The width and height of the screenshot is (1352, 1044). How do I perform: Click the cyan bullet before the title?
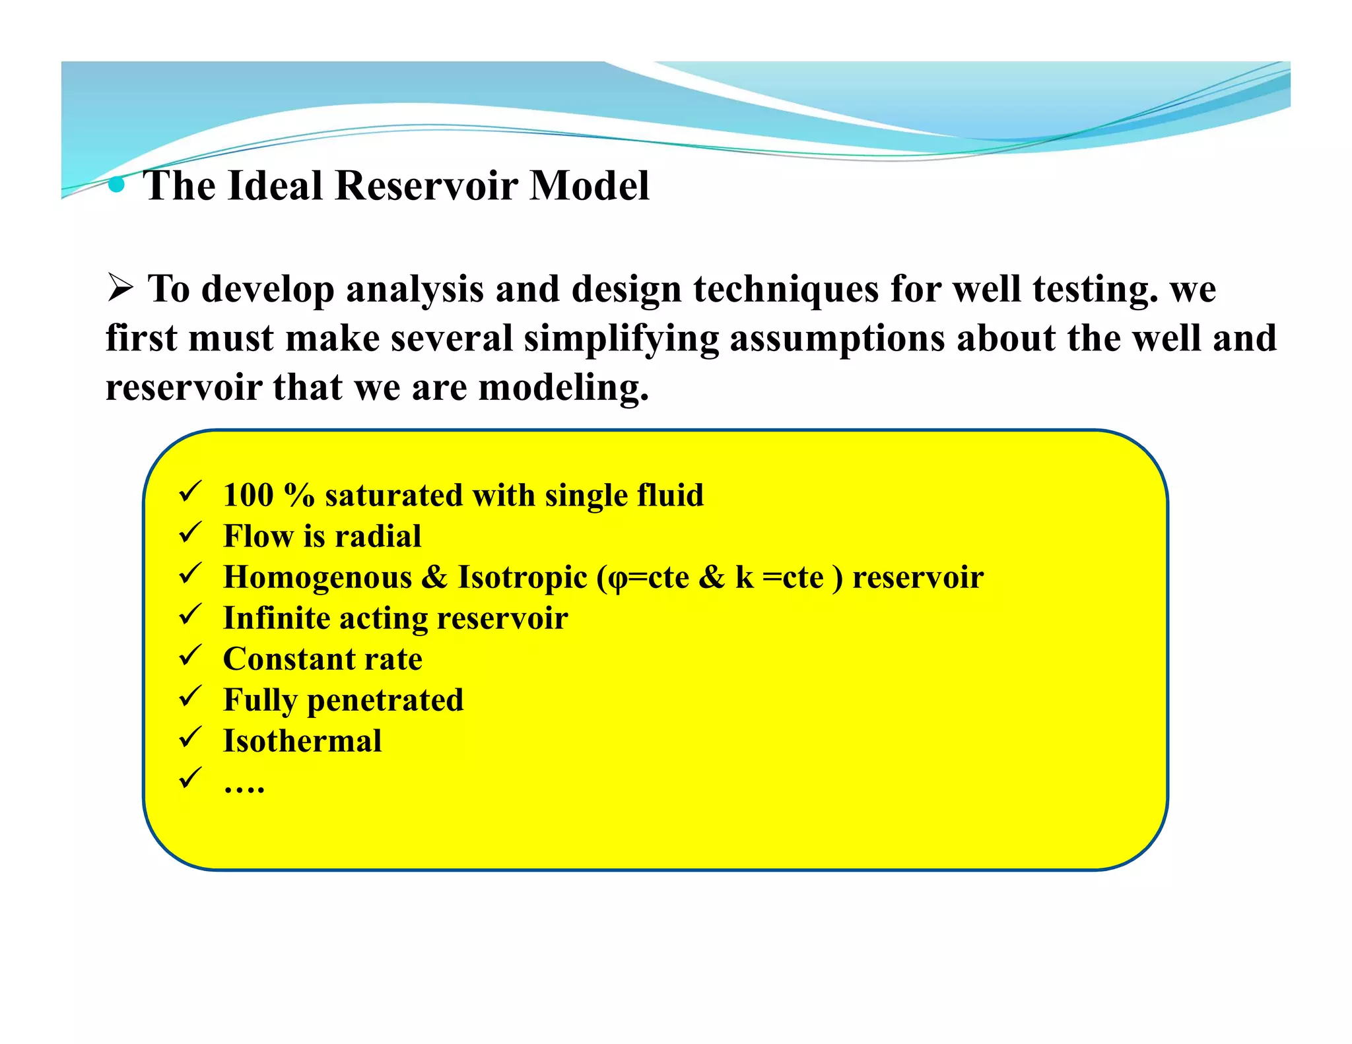click(x=116, y=185)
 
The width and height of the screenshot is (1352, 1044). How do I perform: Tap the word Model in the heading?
click(x=589, y=185)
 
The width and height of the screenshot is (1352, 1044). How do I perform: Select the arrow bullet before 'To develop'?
click(x=120, y=288)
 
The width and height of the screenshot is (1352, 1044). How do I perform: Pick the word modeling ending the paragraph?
click(x=563, y=388)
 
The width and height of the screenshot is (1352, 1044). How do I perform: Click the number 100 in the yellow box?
click(x=248, y=495)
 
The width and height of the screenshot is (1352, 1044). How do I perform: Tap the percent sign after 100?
click(x=299, y=495)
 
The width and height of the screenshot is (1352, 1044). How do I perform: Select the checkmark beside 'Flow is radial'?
click(x=190, y=533)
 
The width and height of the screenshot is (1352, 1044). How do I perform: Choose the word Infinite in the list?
click(x=276, y=618)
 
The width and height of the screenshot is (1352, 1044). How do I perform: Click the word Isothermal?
click(x=302, y=741)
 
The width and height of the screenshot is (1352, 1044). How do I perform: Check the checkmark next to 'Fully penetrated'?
click(x=190, y=696)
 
